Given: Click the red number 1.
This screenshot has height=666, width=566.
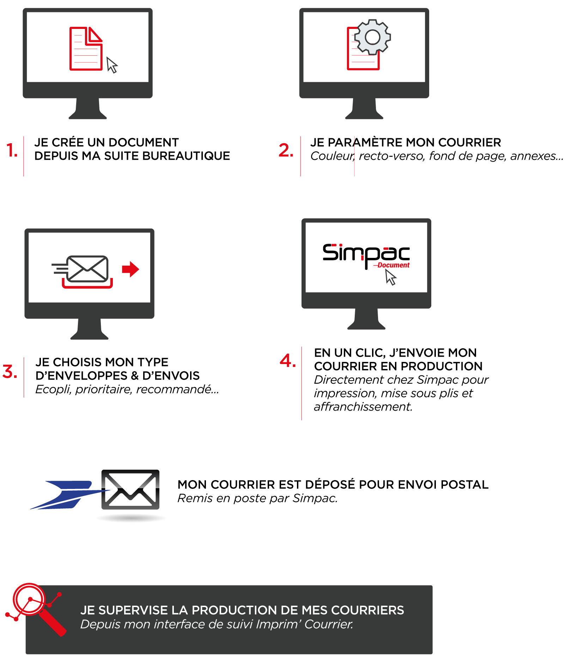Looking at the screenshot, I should click(x=12, y=151).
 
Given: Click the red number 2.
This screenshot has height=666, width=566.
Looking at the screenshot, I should click(x=286, y=151).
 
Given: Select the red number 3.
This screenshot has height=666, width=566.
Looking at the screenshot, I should click(x=10, y=372).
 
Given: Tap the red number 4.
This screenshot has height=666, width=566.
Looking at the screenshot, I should click(x=287, y=361).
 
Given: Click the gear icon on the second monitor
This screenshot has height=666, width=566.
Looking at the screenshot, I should click(x=372, y=37).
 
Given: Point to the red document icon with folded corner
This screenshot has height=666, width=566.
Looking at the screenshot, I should click(x=86, y=49).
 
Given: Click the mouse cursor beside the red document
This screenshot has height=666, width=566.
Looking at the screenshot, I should click(x=112, y=65).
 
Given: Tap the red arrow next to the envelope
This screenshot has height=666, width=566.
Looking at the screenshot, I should click(x=130, y=269).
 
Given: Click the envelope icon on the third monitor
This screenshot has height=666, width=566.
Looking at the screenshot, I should click(x=87, y=269).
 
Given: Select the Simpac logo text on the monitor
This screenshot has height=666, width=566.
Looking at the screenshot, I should click(x=366, y=253).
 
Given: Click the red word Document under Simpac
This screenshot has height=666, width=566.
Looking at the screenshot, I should click(x=393, y=265).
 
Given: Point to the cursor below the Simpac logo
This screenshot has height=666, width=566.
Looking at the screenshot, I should click(x=390, y=277).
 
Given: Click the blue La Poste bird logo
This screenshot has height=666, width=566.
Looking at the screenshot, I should click(x=67, y=495).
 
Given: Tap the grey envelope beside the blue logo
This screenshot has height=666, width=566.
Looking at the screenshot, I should click(x=130, y=490).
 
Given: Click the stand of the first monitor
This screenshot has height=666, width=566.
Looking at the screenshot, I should click(x=88, y=109).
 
